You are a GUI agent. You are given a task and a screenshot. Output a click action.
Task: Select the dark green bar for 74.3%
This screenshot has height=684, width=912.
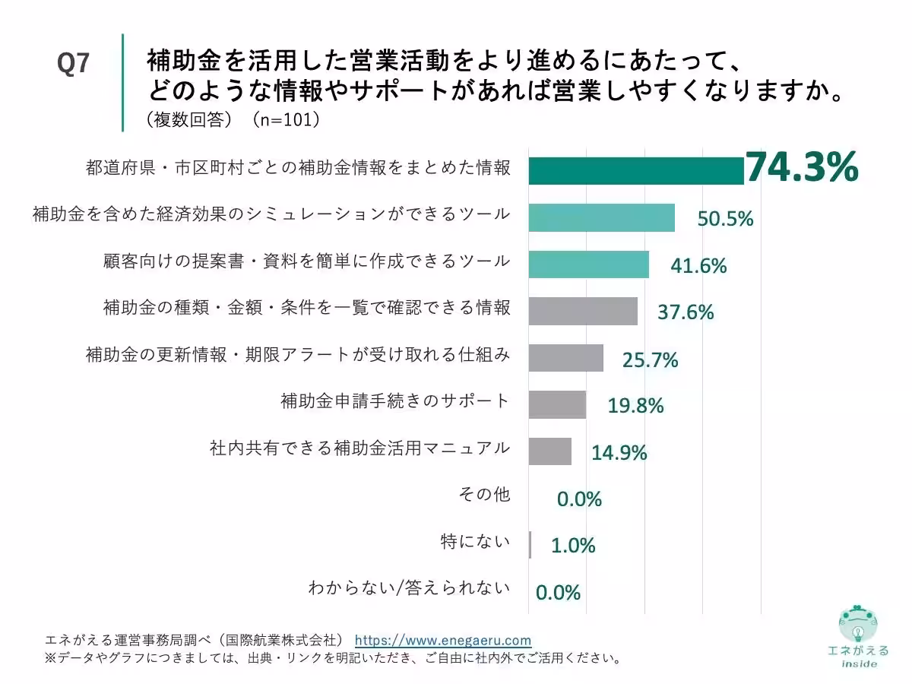[635, 171]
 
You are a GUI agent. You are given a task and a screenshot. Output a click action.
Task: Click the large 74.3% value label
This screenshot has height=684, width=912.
[802, 168]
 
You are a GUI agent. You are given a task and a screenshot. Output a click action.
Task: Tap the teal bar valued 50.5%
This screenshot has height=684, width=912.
[601, 218]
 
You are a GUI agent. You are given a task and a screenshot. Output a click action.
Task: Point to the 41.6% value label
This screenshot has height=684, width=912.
[698, 266]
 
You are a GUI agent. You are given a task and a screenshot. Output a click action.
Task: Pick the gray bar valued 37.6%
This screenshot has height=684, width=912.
[583, 311]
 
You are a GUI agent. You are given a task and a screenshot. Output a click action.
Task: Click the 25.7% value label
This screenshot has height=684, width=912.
[650, 360]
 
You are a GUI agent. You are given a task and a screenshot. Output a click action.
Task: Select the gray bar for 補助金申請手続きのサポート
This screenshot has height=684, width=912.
[557, 404]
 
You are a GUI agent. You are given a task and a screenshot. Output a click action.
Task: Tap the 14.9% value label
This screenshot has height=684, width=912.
[619, 453]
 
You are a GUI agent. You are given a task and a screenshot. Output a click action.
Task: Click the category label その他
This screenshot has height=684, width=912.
[484, 495]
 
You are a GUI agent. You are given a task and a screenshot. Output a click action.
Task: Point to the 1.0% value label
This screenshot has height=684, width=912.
[573, 546]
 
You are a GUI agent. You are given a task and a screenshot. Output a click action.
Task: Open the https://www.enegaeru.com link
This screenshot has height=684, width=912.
[443, 640]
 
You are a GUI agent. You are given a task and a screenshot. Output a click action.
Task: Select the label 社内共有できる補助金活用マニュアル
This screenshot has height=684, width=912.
[359, 448]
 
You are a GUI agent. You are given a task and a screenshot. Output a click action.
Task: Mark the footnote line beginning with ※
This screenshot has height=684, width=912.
[333, 657]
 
